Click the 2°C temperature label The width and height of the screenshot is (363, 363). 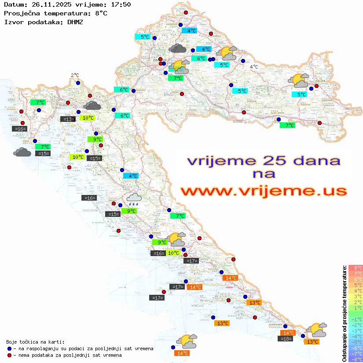tap(75, 75)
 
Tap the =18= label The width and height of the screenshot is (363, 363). tap(286, 338)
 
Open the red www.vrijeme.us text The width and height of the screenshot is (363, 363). tap(263, 191)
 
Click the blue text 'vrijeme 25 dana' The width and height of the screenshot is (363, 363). tap(263, 161)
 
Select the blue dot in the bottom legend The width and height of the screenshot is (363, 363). tap(9, 348)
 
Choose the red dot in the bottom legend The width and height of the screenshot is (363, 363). tap(9, 355)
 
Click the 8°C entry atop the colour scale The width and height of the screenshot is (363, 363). tap(356, 268)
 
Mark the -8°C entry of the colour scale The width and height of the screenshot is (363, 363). tap(356, 359)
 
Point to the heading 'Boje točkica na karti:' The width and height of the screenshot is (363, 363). tap(35, 342)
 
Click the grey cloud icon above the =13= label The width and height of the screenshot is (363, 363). tap(92, 105)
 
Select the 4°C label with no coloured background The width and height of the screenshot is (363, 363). tap(254, 67)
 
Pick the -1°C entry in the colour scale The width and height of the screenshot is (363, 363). tap(356, 319)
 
